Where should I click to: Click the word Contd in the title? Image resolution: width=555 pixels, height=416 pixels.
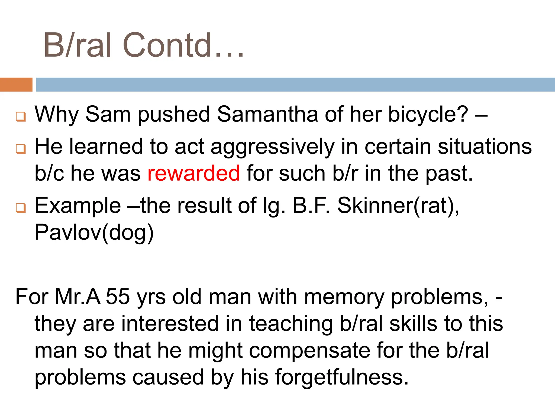(x=167, y=45)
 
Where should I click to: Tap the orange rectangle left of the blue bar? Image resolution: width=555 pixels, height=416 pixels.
(x=16, y=84)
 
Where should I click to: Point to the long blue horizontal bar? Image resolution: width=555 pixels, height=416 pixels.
(x=295, y=84)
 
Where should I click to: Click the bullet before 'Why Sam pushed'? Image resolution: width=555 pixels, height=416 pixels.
(x=21, y=117)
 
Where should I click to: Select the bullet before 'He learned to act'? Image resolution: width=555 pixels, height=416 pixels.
(x=21, y=149)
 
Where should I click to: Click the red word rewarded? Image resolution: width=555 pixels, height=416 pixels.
(x=193, y=173)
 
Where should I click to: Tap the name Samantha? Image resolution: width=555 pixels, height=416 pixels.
(x=267, y=114)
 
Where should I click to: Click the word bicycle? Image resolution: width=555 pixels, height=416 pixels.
(x=428, y=114)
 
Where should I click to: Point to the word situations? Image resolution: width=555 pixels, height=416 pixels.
(x=485, y=147)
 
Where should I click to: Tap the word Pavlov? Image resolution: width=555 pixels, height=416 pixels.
(x=68, y=232)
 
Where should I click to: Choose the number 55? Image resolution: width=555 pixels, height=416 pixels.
(x=118, y=297)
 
